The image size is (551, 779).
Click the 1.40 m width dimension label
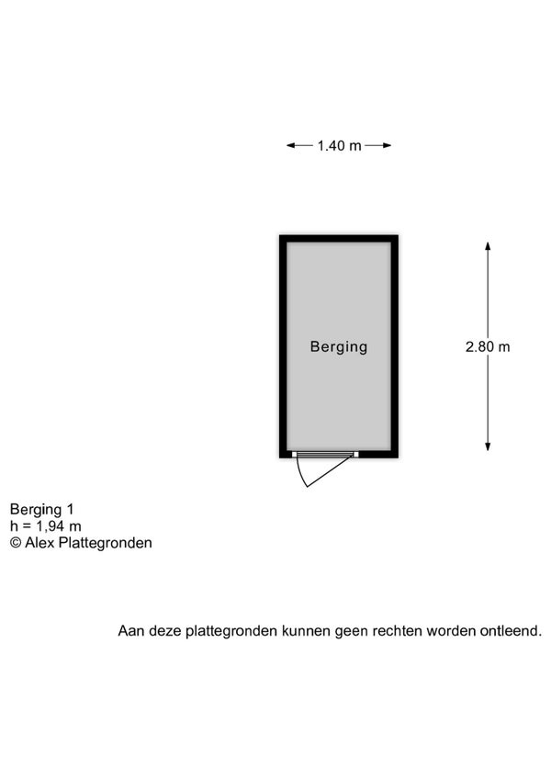pyautogui.click(x=340, y=145)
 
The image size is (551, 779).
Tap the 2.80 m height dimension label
pyautogui.click(x=488, y=346)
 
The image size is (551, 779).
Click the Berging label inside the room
pyautogui.click(x=339, y=346)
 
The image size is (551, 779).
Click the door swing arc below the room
pyautogui.click(x=300, y=473)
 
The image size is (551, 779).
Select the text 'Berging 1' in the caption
pyautogui.click(x=41, y=510)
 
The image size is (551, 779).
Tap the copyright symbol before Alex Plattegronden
pyautogui.click(x=16, y=543)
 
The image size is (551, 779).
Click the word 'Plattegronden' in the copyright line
pyautogui.click(x=106, y=543)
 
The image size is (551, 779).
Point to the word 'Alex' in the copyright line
pyautogui.click(x=39, y=543)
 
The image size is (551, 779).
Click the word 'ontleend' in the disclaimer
pyautogui.click(x=511, y=631)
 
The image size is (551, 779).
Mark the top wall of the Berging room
pyautogui.click(x=339, y=239)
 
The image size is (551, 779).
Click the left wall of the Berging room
pyautogui.click(x=283, y=346)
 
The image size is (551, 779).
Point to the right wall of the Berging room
pyautogui.click(x=395, y=346)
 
